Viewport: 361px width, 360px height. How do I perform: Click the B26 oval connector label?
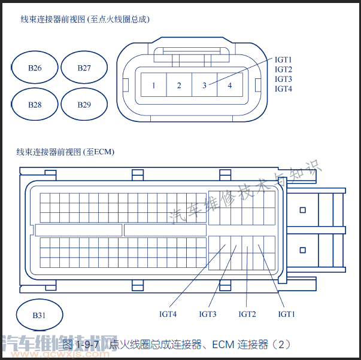point(35,68)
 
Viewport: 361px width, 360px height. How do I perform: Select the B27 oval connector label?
point(84,68)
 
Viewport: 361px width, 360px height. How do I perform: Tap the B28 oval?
point(35,105)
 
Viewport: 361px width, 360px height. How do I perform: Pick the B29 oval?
point(84,105)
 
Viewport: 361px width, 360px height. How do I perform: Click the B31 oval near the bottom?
point(39,315)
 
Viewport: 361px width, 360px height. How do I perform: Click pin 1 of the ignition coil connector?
point(154,86)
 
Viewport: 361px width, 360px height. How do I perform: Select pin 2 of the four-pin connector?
point(179,86)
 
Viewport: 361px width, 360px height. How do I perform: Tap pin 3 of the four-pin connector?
point(204,86)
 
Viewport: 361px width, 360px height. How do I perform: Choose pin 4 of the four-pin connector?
point(229,86)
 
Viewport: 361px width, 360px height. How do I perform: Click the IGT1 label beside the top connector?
point(283,60)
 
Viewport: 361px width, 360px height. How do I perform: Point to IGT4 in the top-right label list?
point(283,89)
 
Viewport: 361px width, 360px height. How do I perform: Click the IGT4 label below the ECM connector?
point(168,314)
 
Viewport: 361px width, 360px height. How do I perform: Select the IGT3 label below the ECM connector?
point(208,314)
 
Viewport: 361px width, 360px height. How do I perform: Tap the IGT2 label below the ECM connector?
point(247,314)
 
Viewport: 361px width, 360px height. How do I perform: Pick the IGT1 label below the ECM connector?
point(287,314)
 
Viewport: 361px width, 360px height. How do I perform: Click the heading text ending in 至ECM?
point(65,152)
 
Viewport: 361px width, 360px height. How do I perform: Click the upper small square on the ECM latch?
point(303,210)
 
